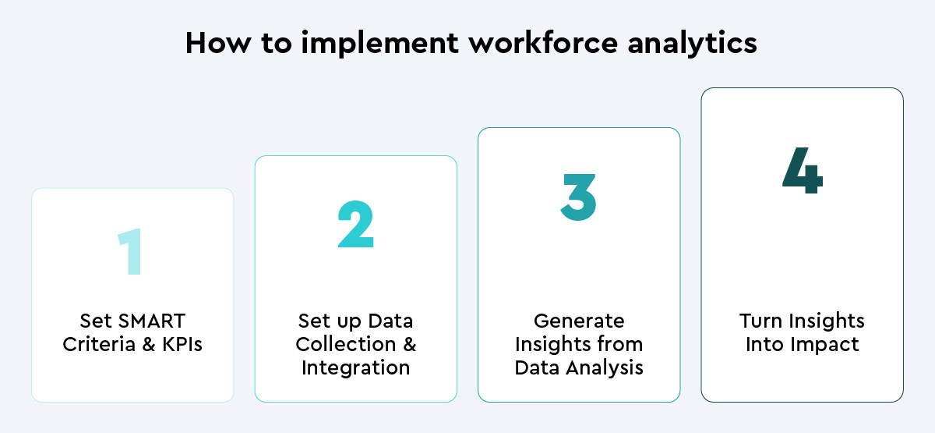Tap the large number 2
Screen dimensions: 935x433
point(355,225)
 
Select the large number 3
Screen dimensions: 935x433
point(578,197)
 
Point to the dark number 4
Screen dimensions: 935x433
point(803,170)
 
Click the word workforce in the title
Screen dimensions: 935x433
point(542,43)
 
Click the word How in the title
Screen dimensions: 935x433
point(218,43)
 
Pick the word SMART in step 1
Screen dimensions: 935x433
point(151,321)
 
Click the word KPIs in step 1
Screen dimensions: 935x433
point(182,344)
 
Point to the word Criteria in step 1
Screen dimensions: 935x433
point(100,344)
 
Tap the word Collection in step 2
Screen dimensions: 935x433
point(346,344)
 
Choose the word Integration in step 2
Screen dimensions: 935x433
point(355,368)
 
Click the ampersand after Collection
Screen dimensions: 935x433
point(410,344)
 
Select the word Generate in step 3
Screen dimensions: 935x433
point(579,321)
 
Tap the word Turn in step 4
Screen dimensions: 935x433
point(760,321)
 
